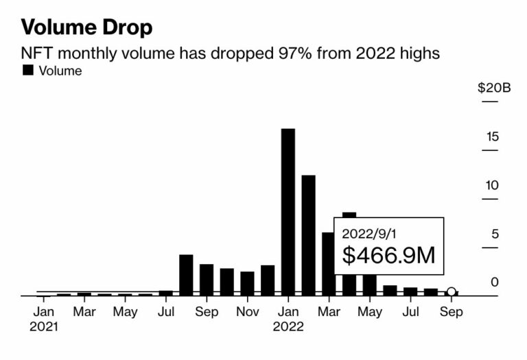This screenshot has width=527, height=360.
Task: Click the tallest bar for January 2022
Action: point(288,212)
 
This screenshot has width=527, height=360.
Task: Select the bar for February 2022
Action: point(309,235)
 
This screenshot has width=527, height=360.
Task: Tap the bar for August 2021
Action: point(186,275)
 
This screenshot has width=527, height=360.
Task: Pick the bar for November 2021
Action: point(247,283)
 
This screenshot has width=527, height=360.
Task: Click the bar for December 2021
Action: point(268,280)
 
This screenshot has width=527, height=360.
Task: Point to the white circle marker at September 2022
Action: point(452,291)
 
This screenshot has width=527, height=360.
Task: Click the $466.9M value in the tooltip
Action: point(388,255)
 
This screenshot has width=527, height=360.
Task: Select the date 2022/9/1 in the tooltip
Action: point(369,234)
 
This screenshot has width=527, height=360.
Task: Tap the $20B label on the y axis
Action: point(494,88)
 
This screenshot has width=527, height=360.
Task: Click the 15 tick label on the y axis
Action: point(493,136)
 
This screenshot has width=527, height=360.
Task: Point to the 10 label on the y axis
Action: point(492,185)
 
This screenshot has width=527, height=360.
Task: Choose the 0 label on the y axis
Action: point(495,283)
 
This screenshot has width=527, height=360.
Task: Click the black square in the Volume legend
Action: point(28,70)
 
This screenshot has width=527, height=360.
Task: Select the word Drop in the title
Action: point(128,27)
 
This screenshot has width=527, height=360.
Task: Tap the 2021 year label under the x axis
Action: point(44,326)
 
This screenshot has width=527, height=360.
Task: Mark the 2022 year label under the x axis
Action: point(288,326)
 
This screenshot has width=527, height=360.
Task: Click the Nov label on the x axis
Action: point(247,311)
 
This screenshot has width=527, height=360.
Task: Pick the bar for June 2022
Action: point(390,291)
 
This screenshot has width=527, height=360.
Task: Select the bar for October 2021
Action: point(227,282)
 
